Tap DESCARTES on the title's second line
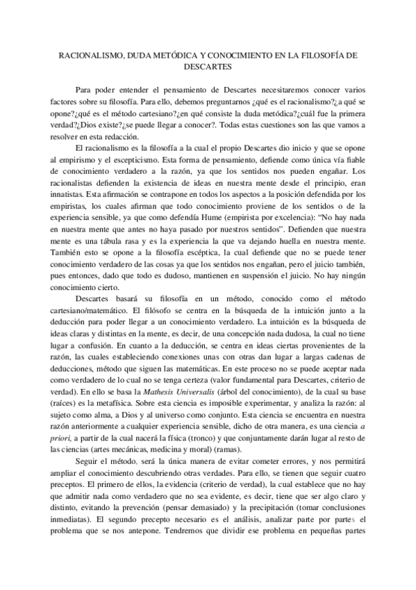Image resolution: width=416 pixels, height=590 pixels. click(208, 67)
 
